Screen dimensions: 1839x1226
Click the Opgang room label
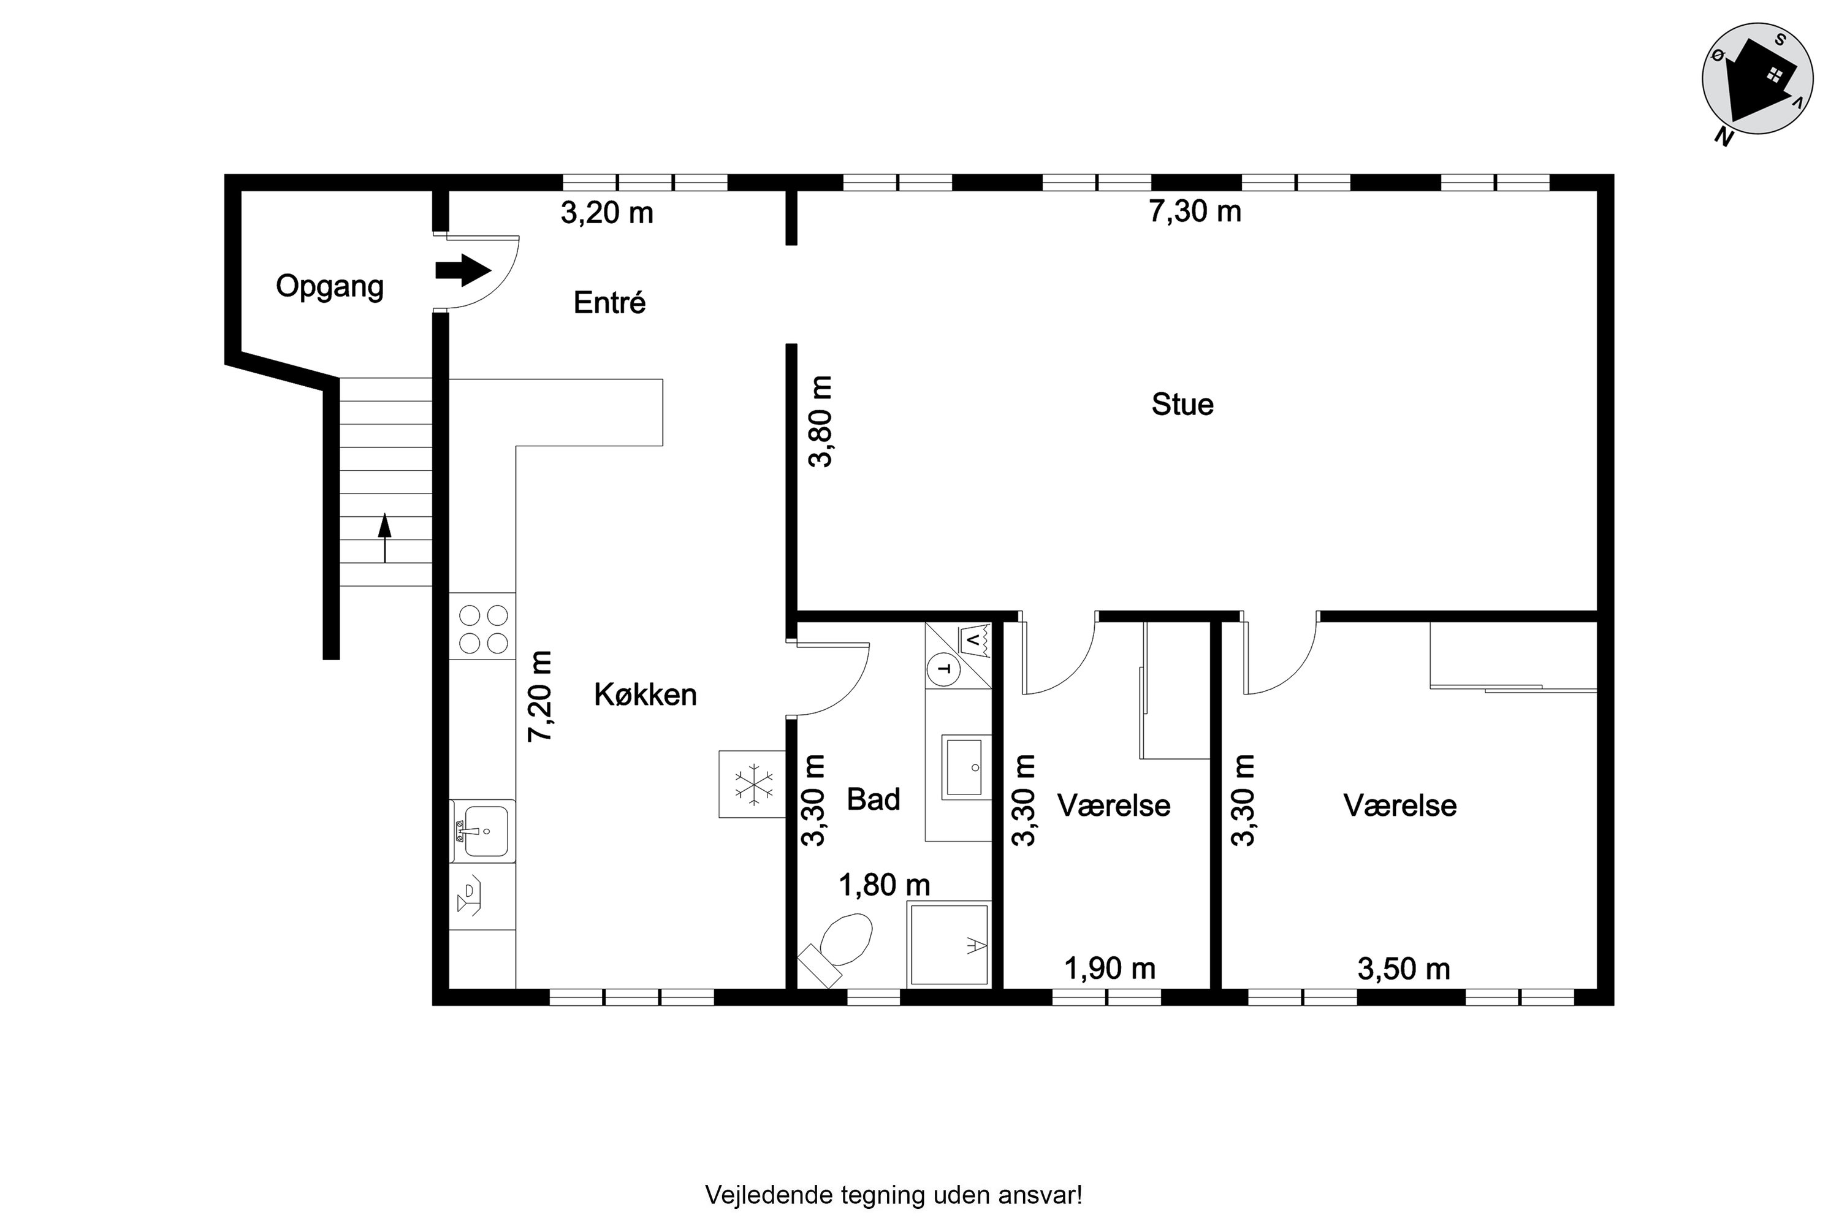click(330, 287)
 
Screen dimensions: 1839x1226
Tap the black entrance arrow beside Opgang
click(463, 270)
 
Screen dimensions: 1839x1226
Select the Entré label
click(610, 303)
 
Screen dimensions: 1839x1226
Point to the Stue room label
click(1182, 404)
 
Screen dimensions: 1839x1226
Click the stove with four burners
click(482, 630)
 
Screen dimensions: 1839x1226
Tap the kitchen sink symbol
click(482, 831)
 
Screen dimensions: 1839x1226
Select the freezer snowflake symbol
click(753, 784)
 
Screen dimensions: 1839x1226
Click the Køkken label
click(645, 695)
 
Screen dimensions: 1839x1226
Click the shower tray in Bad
click(948, 944)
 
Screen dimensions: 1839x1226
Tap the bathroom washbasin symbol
click(965, 766)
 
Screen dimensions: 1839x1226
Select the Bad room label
click(874, 799)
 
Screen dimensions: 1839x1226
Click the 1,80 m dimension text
click(885, 885)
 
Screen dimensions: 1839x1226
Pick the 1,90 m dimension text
click(1110, 969)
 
